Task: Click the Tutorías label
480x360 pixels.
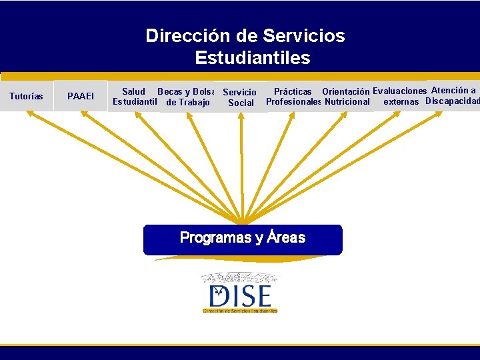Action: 26,96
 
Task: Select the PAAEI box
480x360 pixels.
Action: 81,97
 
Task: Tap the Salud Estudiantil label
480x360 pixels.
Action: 135,97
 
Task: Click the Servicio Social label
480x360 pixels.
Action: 240,97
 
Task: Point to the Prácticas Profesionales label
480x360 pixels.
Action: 293,96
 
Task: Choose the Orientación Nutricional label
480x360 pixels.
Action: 347,96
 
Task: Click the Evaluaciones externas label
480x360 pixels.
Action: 400,96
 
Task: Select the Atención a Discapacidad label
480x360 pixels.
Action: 453,95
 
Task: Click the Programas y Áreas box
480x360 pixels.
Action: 243,239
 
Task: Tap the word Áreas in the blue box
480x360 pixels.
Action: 286,237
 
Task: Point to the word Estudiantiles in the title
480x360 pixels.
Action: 253,58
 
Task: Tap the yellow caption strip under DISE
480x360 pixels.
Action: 240,310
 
